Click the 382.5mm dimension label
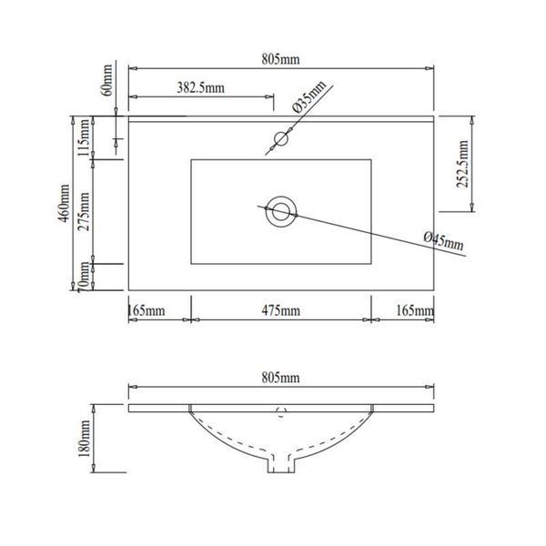pos(200,87)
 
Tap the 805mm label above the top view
pos(280,59)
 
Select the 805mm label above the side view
pos(280,378)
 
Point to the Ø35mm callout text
pos(308,96)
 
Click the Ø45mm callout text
pos(444,240)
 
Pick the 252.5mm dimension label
pos(462,164)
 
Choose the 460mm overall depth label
pos(64,203)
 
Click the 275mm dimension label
pos(84,212)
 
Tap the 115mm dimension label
pos(84,138)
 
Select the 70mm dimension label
pos(84,278)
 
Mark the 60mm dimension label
pos(106,80)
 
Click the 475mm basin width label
pos(280,310)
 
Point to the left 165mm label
pos(147,310)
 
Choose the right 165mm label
pos(415,310)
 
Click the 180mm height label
pos(84,439)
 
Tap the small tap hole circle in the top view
pos(280,139)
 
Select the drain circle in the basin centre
pos(280,212)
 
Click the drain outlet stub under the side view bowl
pos(280,463)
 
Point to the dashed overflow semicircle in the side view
pos(281,412)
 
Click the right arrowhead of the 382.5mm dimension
pos(269,96)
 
